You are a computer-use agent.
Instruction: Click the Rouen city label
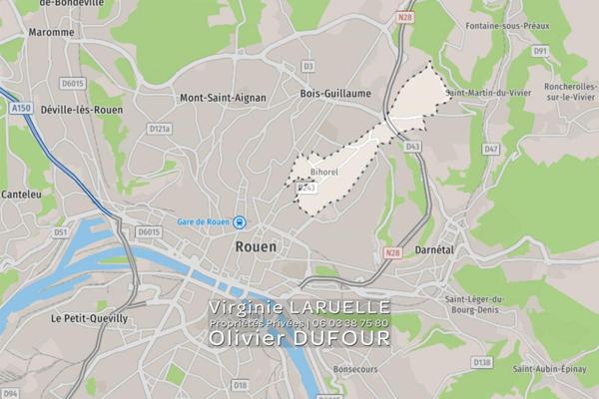[257, 243]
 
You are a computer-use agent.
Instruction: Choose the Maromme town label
[52, 32]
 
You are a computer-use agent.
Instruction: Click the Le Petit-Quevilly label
[88, 318]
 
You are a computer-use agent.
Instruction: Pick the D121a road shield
[160, 129]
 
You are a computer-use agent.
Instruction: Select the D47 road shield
[490, 149]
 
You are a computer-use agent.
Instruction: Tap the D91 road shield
[541, 50]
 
